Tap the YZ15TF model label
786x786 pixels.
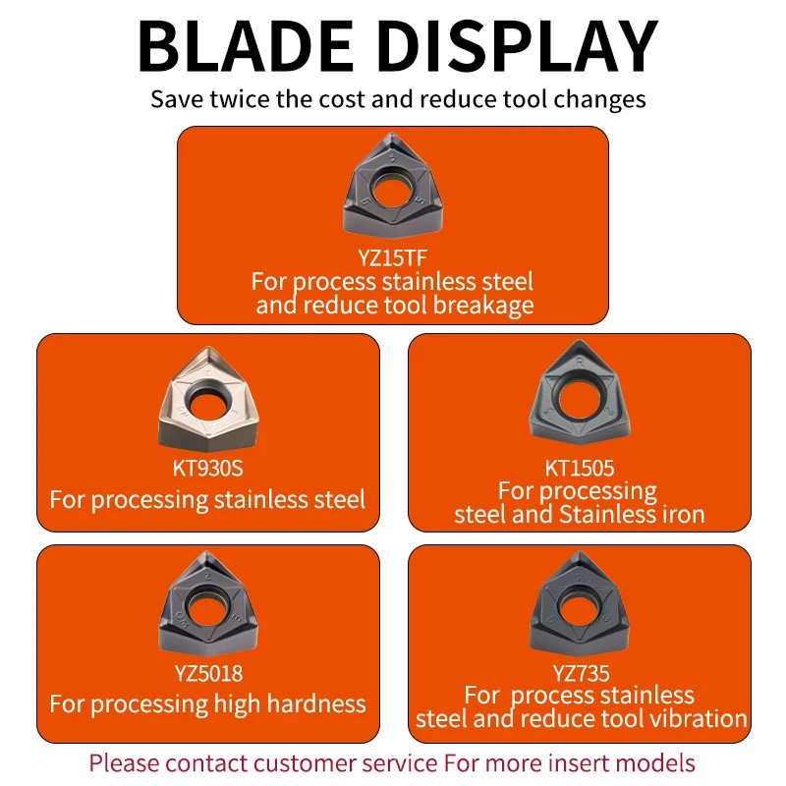pos(392,257)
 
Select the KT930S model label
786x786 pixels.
pos(207,468)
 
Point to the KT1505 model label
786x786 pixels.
pos(579,468)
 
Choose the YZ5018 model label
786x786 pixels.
pos(207,674)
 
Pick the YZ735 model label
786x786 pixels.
pos(580,674)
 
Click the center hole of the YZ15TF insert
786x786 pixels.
pos(393,189)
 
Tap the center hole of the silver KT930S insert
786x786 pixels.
pos(209,399)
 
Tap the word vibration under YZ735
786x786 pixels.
pos(689,719)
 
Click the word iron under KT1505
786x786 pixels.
pos(681,514)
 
